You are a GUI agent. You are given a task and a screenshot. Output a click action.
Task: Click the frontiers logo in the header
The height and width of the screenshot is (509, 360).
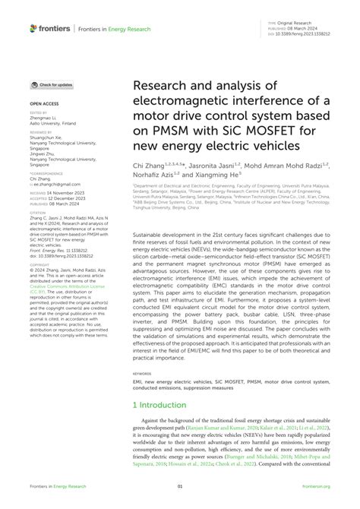tap(51, 28)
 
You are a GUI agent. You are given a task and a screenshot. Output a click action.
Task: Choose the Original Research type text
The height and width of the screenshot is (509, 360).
tap(298, 24)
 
